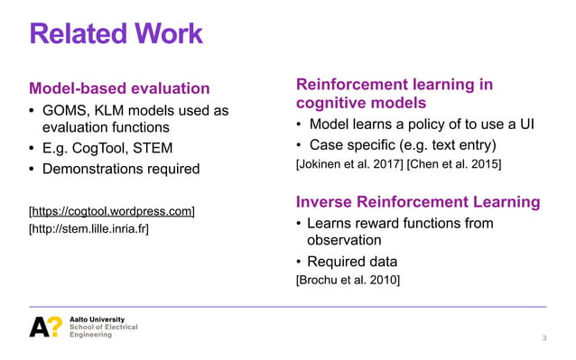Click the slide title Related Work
(x=116, y=34)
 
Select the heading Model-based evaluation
(x=119, y=88)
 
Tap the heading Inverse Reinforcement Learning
(x=418, y=201)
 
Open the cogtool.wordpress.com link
(x=112, y=211)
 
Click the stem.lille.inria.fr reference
(x=89, y=229)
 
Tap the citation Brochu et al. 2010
(x=348, y=281)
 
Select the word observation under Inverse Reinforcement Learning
(x=344, y=241)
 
